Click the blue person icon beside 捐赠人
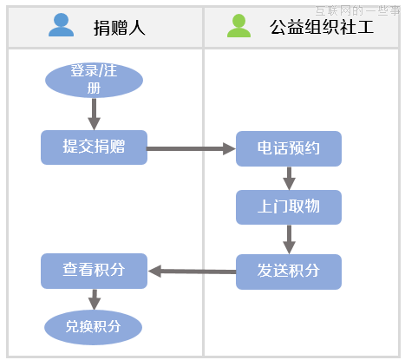coord(62,25)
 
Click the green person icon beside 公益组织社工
coord(238,25)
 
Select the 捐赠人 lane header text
coord(120,27)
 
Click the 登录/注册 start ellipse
coord(94,80)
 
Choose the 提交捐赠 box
coord(94,147)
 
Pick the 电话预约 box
coord(289,148)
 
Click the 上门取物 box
coord(289,207)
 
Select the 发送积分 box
coord(289,272)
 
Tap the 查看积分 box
coord(94,271)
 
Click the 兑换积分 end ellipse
coord(93,327)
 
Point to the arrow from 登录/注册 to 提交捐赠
coord(94,114)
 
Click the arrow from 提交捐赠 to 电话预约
coord(191,148)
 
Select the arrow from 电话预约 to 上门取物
coord(289,178)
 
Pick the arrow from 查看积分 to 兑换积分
coord(94,299)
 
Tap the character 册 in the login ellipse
coord(94,88)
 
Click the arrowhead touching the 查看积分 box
coord(154,272)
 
